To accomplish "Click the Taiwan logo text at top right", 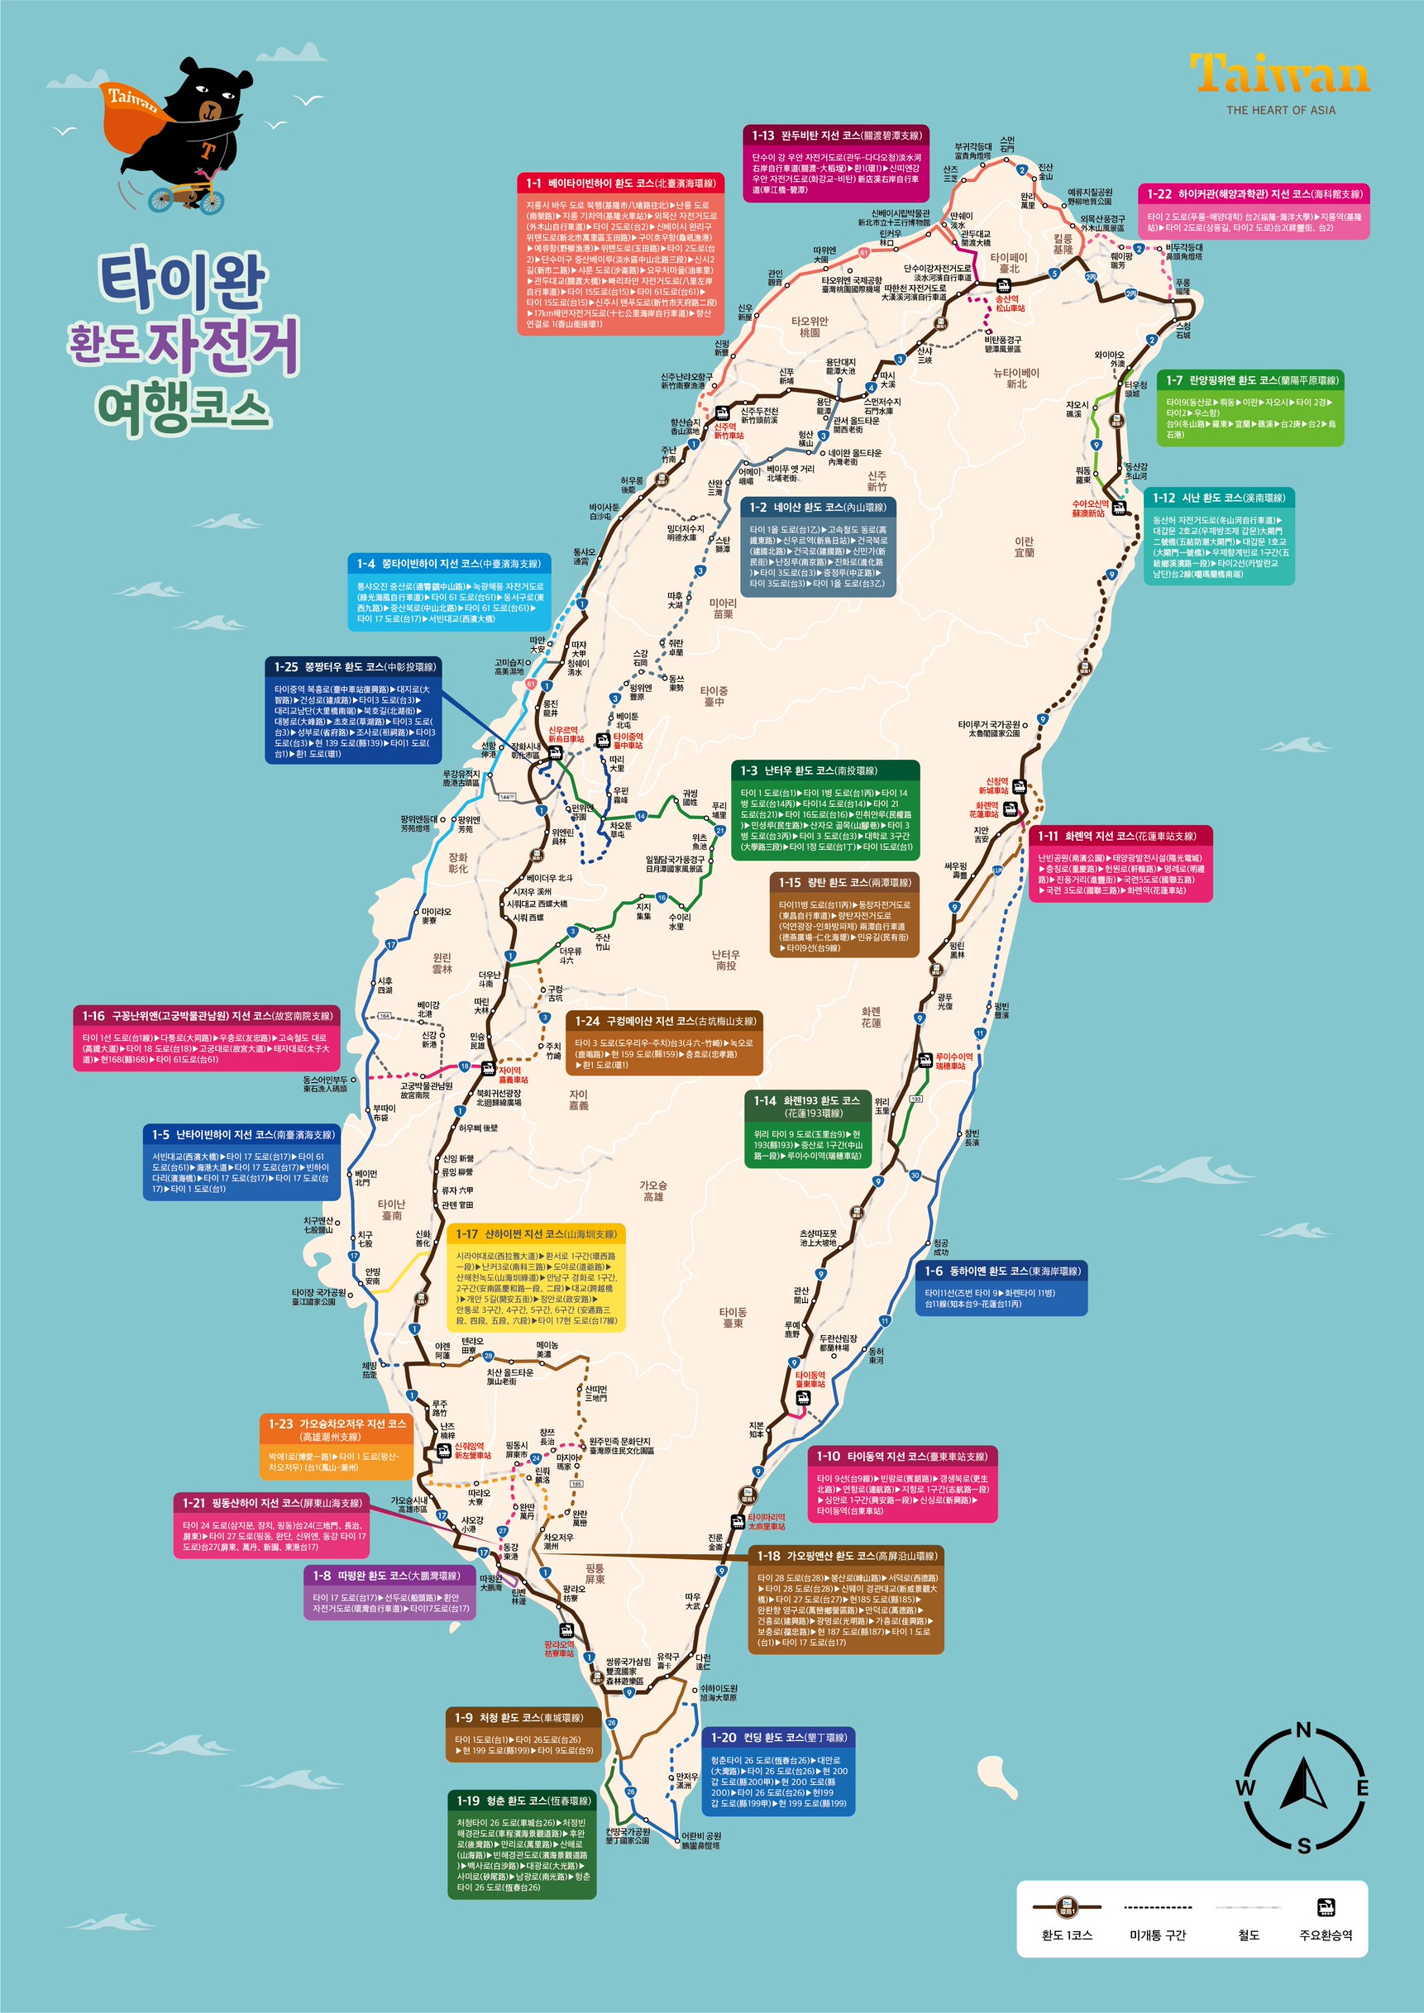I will (x=1279, y=74).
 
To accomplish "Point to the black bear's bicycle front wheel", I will (x=160, y=200).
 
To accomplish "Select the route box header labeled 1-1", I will (x=620, y=184).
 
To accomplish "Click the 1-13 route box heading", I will (x=837, y=136).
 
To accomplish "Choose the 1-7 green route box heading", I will (x=1250, y=380).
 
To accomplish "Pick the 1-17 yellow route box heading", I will (x=536, y=1233).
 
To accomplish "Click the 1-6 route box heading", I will (x=1001, y=1271).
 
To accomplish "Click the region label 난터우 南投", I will (x=725, y=959).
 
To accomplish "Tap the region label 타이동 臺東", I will (x=733, y=1318).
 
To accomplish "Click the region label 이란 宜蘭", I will (x=1023, y=547).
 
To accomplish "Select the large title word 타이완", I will (x=183, y=282).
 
